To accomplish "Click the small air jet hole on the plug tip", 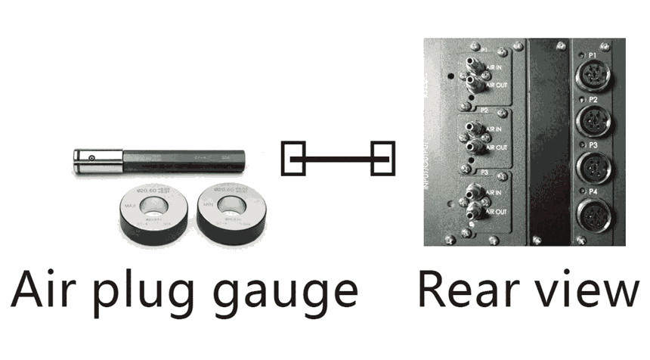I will [x=91, y=157].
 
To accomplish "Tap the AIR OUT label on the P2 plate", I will [x=497, y=147].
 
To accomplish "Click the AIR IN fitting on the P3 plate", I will [x=475, y=191].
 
